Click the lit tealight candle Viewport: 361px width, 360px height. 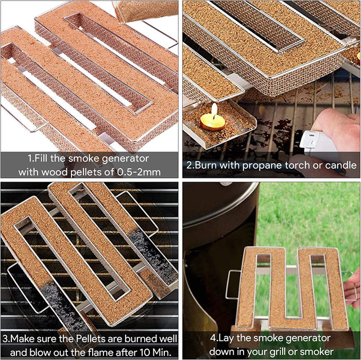(x=212, y=121)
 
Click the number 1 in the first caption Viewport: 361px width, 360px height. (x=30, y=158)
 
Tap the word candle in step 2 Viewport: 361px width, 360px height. (x=341, y=165)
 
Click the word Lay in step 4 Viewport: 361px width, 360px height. (x=226, y=338)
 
